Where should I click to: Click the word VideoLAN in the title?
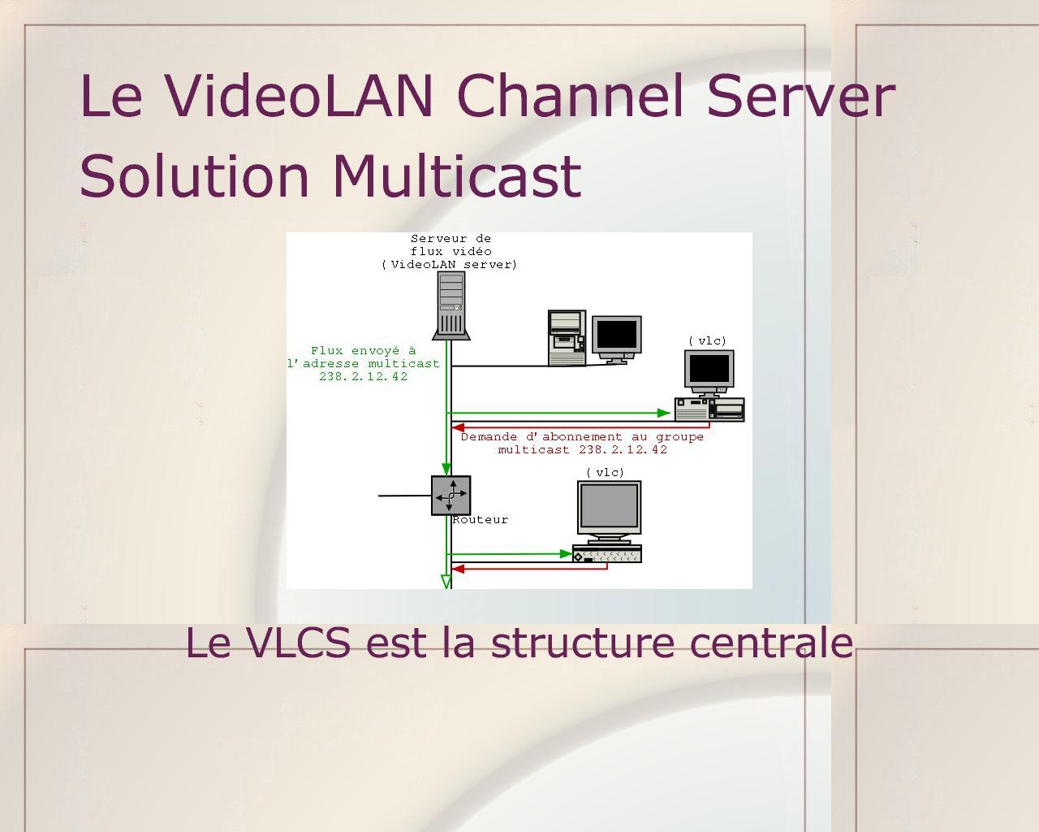(299, 95)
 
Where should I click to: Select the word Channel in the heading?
(571, 95)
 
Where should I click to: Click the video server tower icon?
(451, 305)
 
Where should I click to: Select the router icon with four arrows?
(451, 495)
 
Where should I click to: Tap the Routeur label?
(481, 520)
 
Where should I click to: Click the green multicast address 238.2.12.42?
(363, 377)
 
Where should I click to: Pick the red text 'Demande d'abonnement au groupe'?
(582, 437)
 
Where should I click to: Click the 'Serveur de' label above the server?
(451, 238)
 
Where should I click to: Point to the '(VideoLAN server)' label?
(449, 264)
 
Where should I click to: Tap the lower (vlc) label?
(605, 472)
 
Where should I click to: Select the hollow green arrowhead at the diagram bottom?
(446, 582)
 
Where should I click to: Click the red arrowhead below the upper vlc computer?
(458, 427)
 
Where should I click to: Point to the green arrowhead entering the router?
(446, 469)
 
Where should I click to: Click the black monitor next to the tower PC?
(617, 339)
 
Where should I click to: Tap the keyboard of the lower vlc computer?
(607, 554)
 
